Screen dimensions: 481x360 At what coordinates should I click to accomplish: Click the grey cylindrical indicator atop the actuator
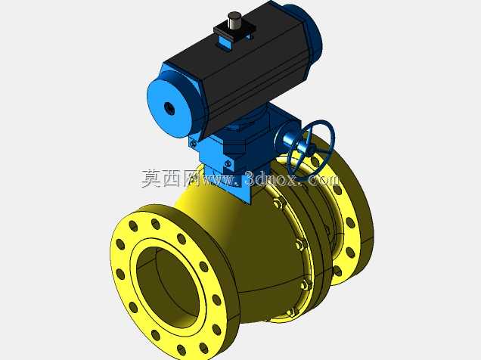pos(234,20)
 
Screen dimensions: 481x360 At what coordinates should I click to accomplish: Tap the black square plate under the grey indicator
pos(235,31)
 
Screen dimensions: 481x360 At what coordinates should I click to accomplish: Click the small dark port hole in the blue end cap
pos(169,107)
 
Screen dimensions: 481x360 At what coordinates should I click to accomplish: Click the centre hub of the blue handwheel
pos(311,150)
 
